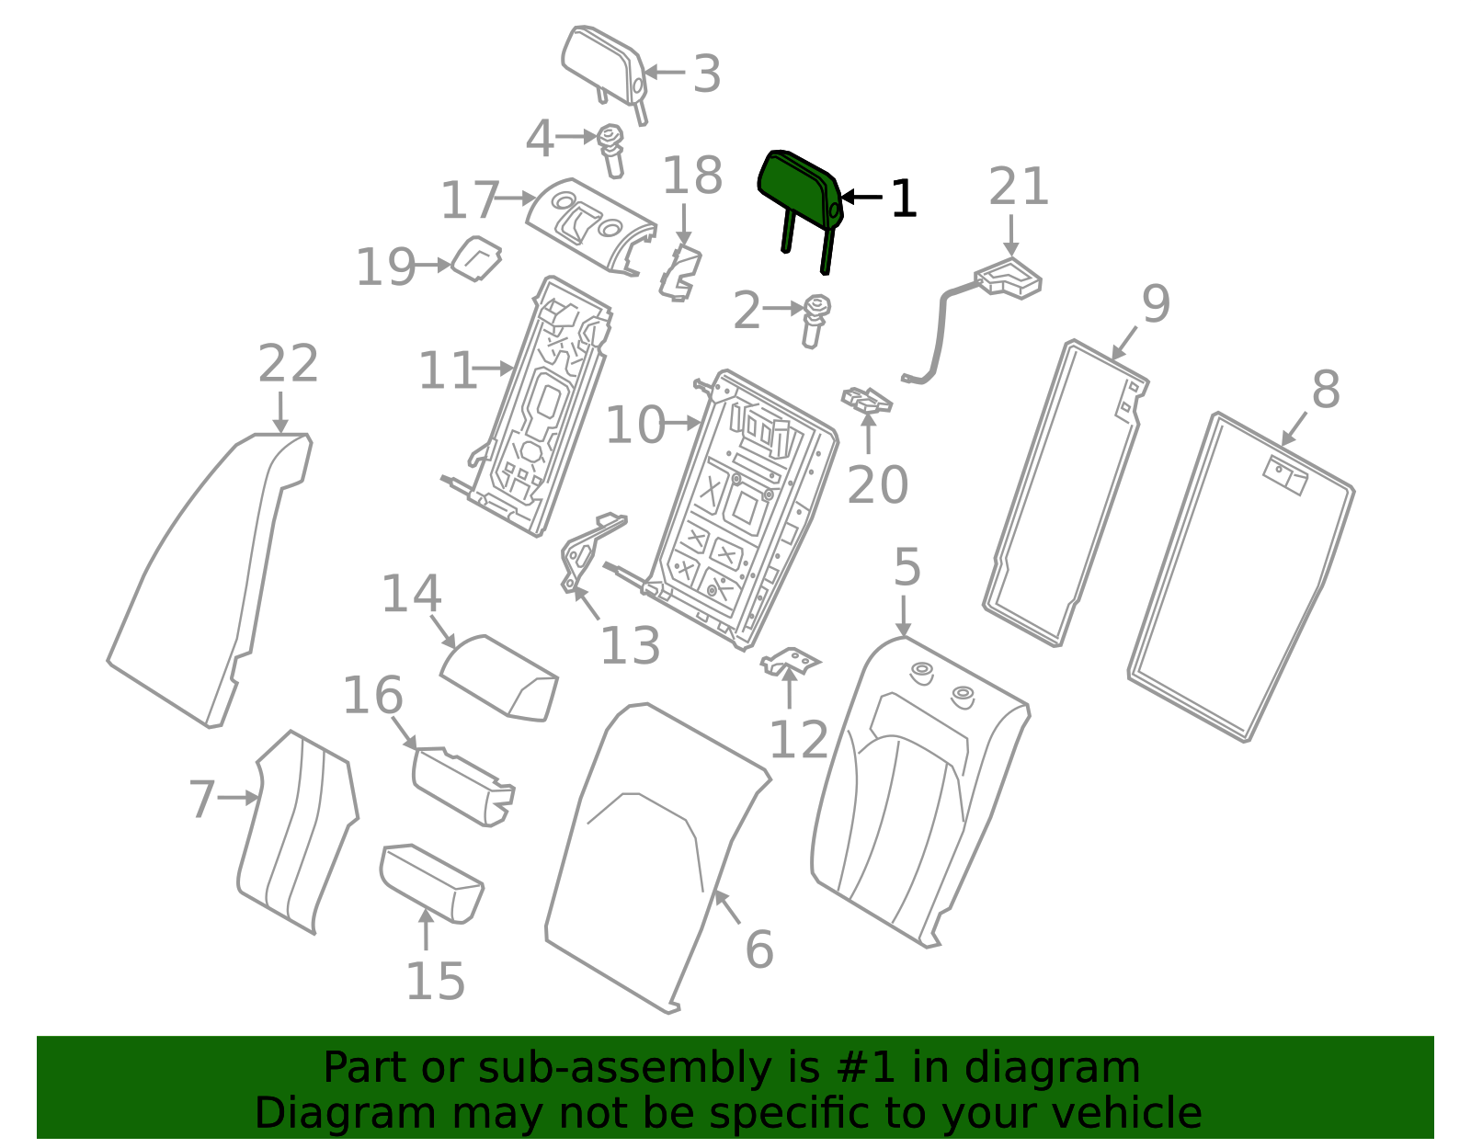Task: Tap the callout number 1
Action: click(x=905, y=199)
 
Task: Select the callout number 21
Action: click(x=1019, y=186)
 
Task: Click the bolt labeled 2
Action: click(x=816, y=321)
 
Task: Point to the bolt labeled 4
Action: click(x=611, y=150)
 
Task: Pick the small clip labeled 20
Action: click(x=866, y=399)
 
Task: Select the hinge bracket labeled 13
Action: click(x=590, y=552)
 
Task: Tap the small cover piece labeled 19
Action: click(x=476, y=258)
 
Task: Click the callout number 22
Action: click(x=289, y=363)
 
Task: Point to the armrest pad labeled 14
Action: click(x=499, y=677)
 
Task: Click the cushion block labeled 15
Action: click(x=432, y=883)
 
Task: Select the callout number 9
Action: click(x=1157, y=303)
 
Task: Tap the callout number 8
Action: click(x=1326, y=390)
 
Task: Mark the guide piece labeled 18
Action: click(x=680, y=273)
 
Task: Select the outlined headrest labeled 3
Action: click(x=605, y=74)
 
